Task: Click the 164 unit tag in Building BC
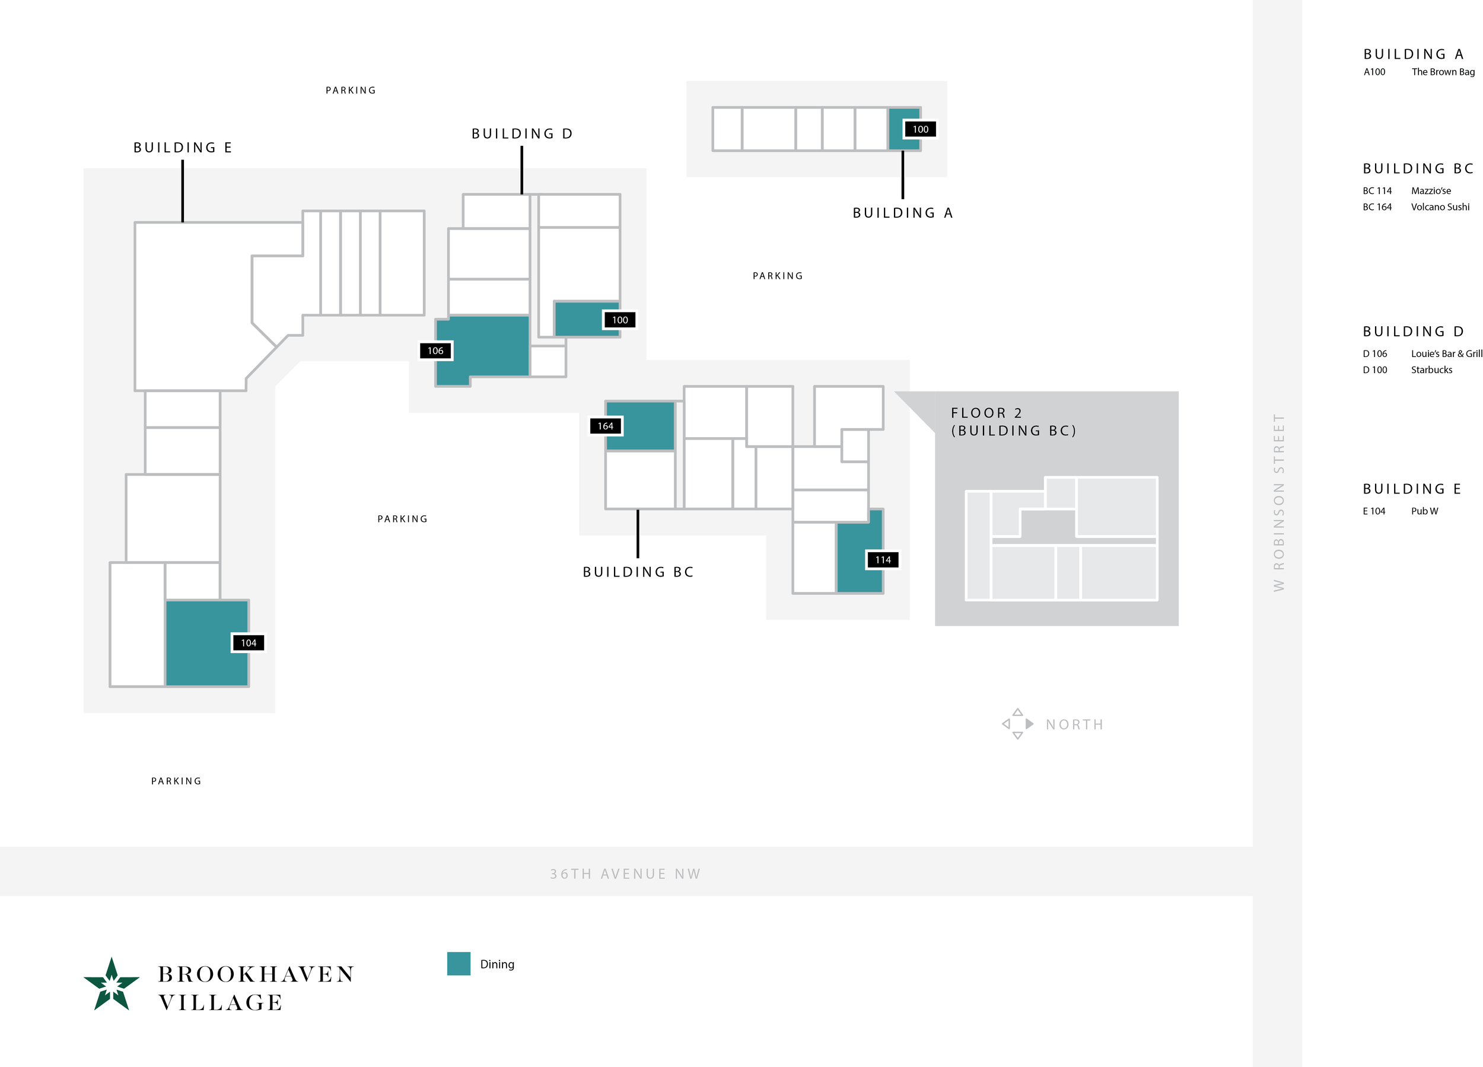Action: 606,426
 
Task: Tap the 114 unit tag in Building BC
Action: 883,560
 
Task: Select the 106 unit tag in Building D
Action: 435,351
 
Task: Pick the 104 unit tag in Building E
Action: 249,643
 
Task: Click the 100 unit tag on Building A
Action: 920,129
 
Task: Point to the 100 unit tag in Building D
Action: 620,320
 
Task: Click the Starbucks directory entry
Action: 1431,370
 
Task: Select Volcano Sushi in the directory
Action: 1440,207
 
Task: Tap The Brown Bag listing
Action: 1443,72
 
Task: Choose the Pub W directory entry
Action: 1424,511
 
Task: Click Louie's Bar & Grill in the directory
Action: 1446,353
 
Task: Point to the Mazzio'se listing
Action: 1431,191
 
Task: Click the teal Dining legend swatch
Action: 459,964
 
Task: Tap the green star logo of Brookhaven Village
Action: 112,984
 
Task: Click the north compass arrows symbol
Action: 1017,724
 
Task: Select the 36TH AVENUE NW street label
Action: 625,874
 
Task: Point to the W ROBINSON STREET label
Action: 1278,502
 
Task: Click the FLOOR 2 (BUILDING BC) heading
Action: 1013,422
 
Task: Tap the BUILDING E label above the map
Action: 183,148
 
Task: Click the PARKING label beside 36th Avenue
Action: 176,781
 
